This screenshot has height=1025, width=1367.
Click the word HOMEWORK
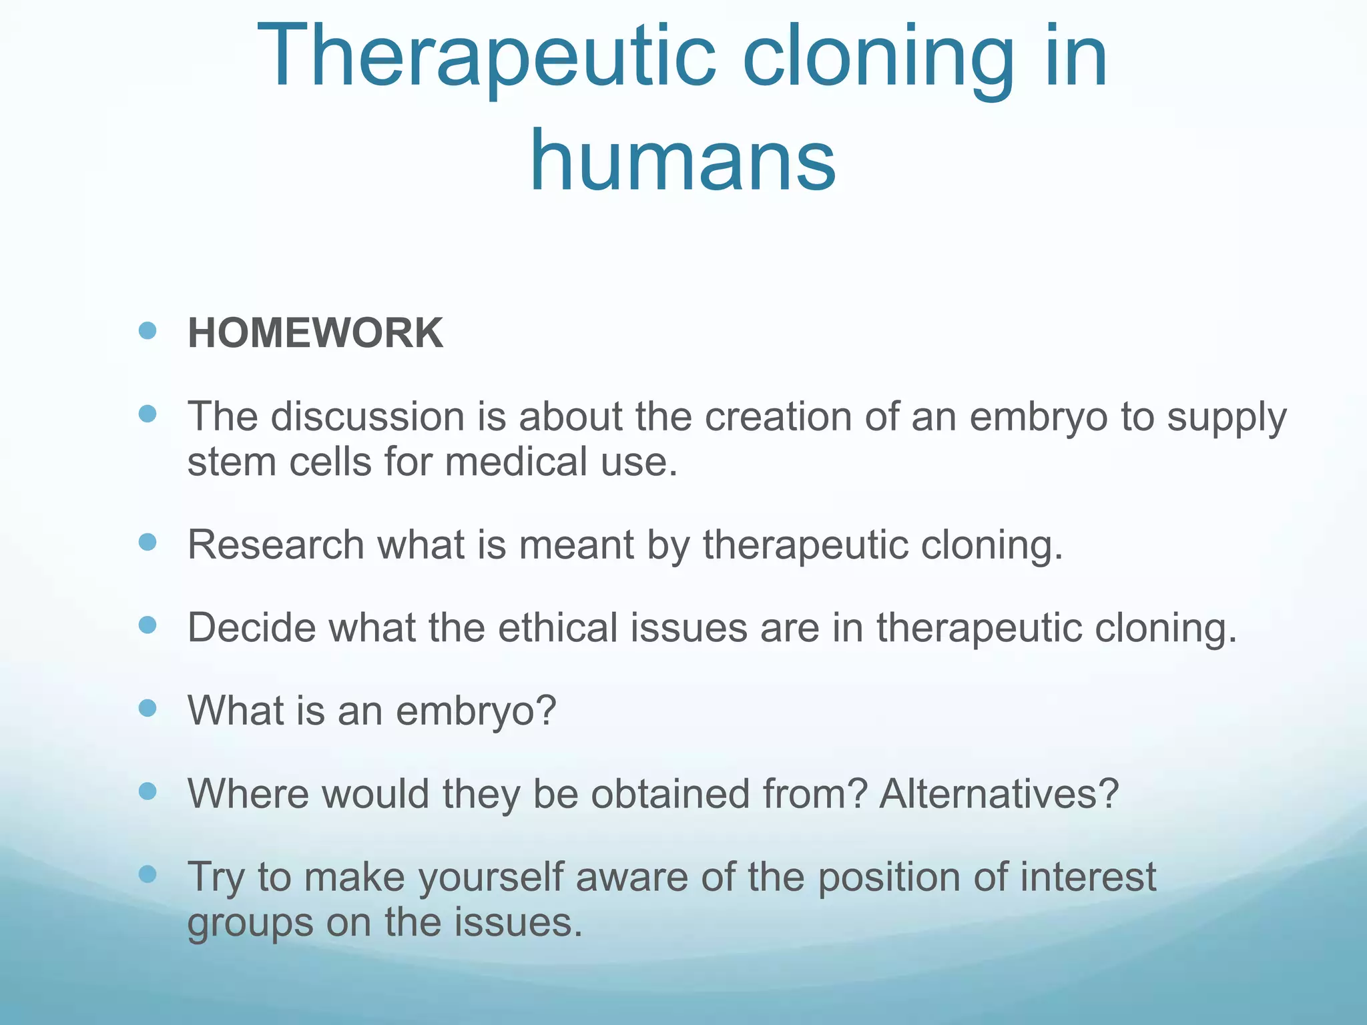pos(315,333)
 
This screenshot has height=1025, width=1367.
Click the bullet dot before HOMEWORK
pos(148,330)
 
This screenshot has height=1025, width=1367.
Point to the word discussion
pos(367,416)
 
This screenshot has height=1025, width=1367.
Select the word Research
pos(275,545)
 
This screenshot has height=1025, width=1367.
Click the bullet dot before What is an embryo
pos(148,708)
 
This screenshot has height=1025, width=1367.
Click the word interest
pos(1087,877)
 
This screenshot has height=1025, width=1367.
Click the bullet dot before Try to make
pos(148,874)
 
